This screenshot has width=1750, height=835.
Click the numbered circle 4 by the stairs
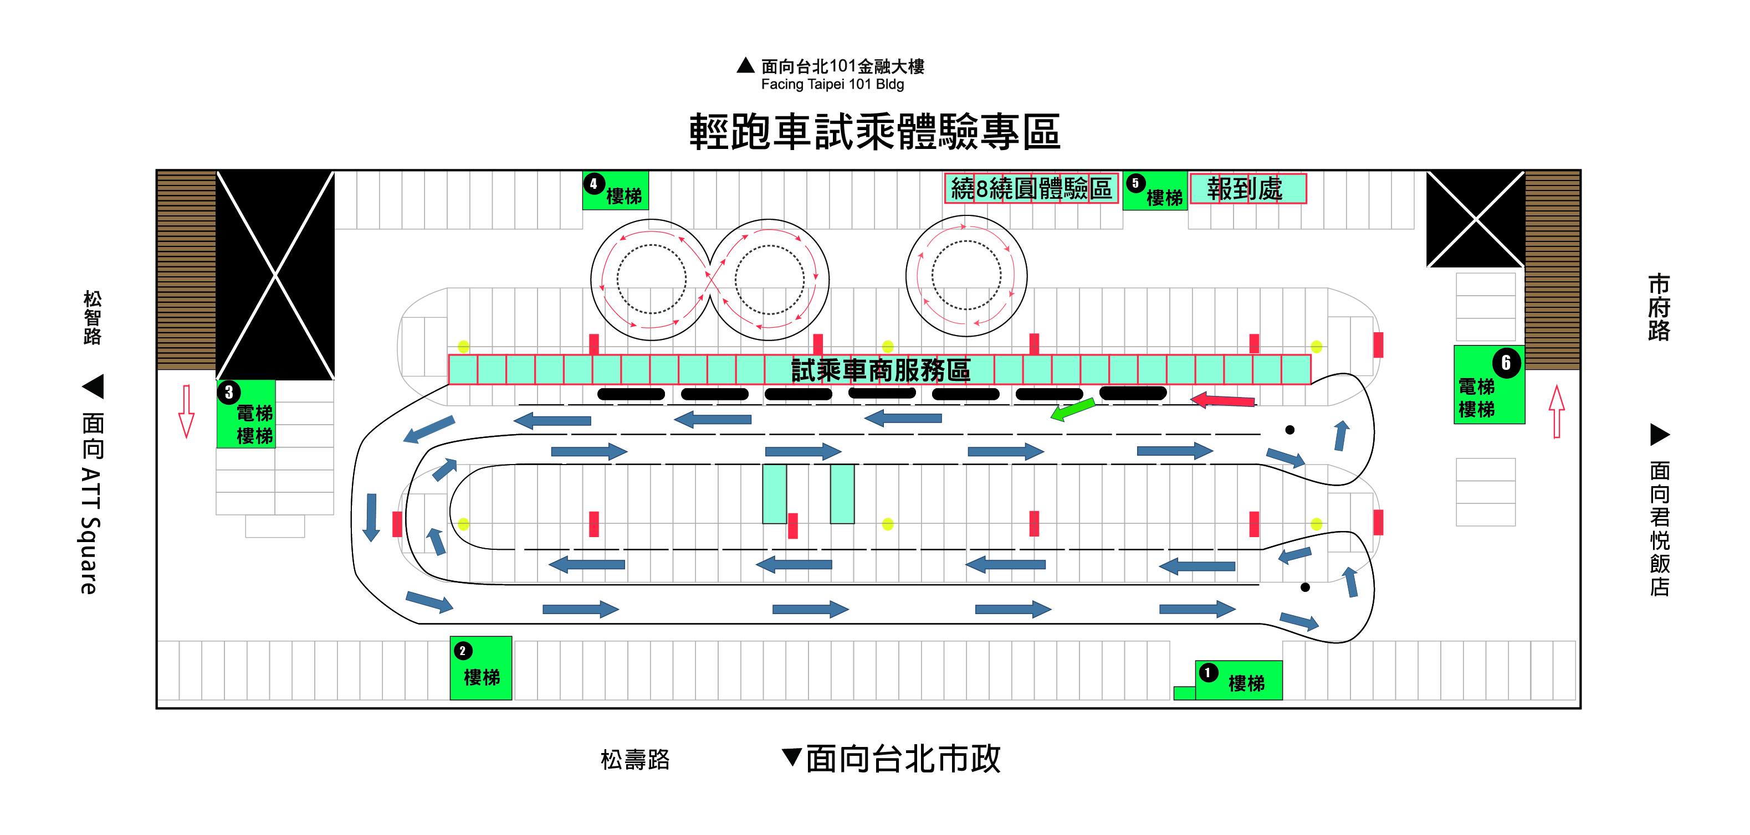(593, 183)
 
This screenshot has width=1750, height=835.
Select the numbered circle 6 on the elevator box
(1506, 363)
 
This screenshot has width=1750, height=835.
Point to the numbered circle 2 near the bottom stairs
(463, 651)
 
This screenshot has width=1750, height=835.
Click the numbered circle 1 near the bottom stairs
(1207, 672)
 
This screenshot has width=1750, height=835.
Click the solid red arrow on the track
(1223, 400)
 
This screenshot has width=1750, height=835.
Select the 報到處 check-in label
(1245, 189)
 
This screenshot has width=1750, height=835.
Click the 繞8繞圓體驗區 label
(1031, 189)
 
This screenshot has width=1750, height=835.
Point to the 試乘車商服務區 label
(881, 370)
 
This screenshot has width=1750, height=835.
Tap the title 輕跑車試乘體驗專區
(874, 131)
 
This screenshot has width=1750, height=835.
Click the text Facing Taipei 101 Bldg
(832, 84)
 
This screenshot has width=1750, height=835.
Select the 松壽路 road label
(635, 759)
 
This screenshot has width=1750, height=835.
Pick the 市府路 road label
(1658, 307)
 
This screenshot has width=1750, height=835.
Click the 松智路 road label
(93, 317)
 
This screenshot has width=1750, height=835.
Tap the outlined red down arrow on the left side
(186, 411)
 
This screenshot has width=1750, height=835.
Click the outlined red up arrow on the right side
(1557, 411)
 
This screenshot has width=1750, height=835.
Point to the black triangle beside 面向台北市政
(791, 756)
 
